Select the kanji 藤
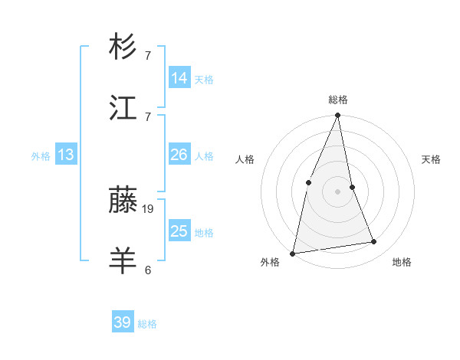click(x=123, y=201)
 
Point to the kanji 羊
click(x=123, y=261)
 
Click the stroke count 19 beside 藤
click(x=148, y=208)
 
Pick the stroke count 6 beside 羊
click(x=148, y=269)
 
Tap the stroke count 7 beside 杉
click(x=148, y=55)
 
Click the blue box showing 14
click(x=179, y=78)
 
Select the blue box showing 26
click(x=179, y=155)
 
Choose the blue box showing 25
click(x=179, y=231)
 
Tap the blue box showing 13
click(x=66, y=155)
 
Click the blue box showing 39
click(x=123, y=322)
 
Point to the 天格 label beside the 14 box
click(x=204, y=79)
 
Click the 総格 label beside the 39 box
click(x=147, y=324)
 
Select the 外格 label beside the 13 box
click(x=41, y=156)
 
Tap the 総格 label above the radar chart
click(x=338, y=100)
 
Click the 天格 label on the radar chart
click(x=432, y=159)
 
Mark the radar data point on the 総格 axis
click(x=338, y=116)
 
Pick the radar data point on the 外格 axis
click(x=293, y=253)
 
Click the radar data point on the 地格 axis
click(x=374, y=242)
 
